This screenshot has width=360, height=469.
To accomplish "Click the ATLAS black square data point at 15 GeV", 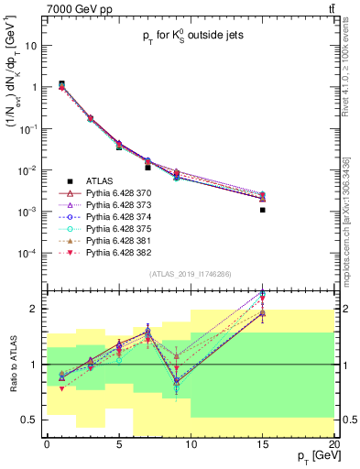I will click(263, 210).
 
